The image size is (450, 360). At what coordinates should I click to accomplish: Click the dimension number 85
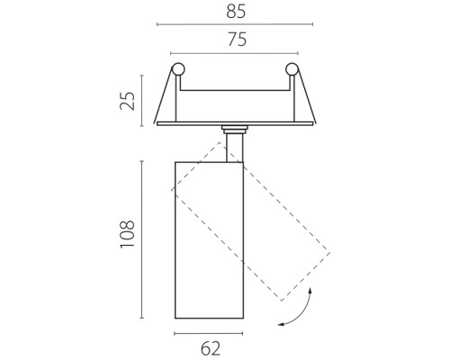[x=236, y=12]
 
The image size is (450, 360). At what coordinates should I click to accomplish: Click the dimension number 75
[x=237, y=40]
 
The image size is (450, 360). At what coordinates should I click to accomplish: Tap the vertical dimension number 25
[x=128, y=101]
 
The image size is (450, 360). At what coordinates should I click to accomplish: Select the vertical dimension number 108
[x=128, y=234]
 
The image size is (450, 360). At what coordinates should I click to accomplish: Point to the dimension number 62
[x=211, y=348]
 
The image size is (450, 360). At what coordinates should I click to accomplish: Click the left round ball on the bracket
[x=178, y=69]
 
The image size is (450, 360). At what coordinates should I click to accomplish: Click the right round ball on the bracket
[x=292, y=69]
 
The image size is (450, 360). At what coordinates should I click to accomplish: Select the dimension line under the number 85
[x=235, y=24]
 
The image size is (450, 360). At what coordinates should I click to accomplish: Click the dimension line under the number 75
[x=234, y=53]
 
